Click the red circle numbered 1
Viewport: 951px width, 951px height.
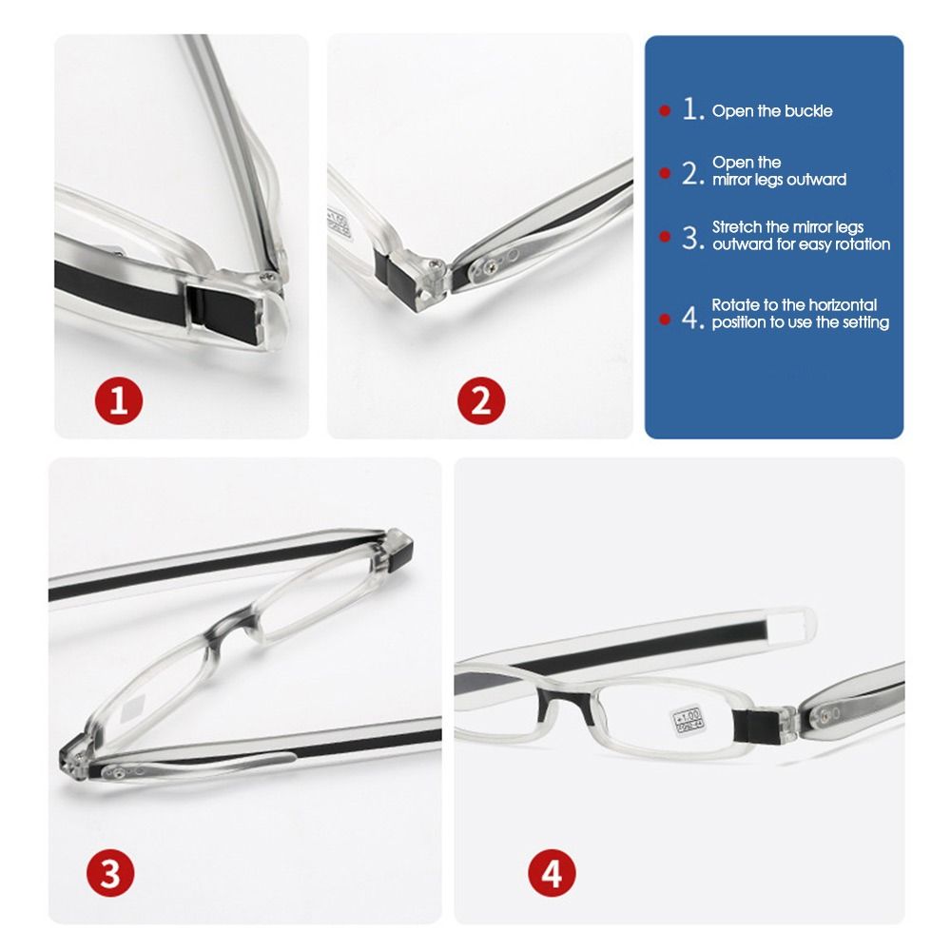click(118, 402)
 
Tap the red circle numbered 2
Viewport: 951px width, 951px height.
click(481, 402)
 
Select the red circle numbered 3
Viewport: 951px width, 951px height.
click(110, 873)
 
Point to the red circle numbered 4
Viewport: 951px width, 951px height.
click(552, 873)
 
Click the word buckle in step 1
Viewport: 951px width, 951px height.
click(809, 111)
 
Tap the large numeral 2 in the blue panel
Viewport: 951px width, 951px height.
click(691, 173)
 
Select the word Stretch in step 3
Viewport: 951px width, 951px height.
click(738, 227)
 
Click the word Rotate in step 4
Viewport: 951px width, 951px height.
click(735, 305)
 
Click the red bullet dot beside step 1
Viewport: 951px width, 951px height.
click(665, 111)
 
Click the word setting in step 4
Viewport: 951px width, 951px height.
click(865, 322)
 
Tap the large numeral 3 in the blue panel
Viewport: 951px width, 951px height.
click(691, 238)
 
